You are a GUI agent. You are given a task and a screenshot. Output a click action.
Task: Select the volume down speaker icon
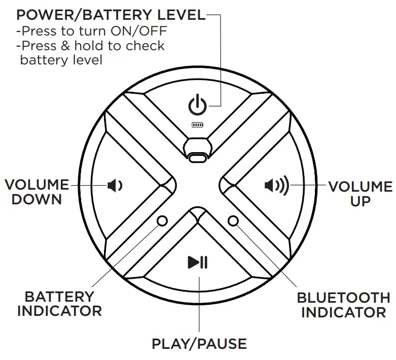[x=115, y=186]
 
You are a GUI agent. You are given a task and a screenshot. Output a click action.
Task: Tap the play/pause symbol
[x=197, y=262]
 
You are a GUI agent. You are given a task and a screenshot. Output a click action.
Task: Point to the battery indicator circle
[x=162, y=221]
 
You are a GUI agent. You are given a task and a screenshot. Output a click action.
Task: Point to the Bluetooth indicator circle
[x=233, y=221]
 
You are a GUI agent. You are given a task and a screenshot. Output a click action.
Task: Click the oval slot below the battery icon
[x=198, y=158]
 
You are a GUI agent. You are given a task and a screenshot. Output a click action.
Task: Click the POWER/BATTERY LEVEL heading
[x=111, y=15]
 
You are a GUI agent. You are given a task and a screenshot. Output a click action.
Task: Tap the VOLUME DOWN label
[x=37, y=192]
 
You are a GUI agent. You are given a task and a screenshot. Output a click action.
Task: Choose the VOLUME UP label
[x=360, y=193]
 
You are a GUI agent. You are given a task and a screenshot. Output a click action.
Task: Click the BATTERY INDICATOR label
[x=59, y=303]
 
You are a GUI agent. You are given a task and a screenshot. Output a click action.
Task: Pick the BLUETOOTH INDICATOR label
[x=343, y=304]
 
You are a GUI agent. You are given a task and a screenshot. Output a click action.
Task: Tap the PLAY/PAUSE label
[x=199, y=344]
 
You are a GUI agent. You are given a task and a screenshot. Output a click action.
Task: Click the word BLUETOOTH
[x=343, y=297]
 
